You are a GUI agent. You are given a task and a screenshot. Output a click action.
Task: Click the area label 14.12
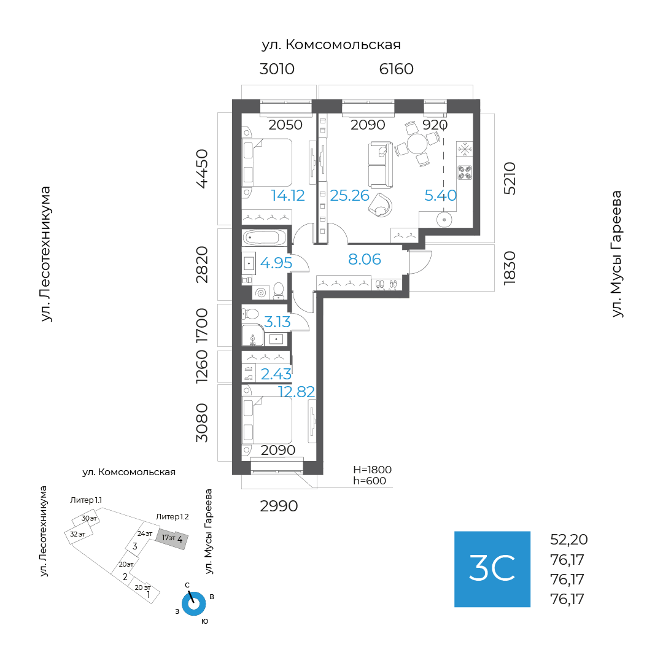coord(288,196)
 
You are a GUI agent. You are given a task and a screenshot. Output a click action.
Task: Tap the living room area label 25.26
coord(349,196)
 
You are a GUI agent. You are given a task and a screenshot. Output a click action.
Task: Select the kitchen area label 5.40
coord(441,196)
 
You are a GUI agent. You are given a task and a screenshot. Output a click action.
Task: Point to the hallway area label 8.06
coord(365,260)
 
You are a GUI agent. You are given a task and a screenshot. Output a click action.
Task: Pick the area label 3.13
coord(277,322)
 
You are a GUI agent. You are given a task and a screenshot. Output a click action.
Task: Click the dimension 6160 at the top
coord(396,69)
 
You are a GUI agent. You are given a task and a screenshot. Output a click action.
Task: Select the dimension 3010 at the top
coord(277,69)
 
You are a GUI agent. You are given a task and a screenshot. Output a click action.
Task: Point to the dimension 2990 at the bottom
coord(279,506)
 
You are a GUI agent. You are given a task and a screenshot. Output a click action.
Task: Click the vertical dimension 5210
coord(510,178)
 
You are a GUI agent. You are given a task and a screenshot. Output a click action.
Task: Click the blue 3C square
coord(492,569)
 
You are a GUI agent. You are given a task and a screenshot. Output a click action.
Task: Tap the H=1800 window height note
coord(372,470)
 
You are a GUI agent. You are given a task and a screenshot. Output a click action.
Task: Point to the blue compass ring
coord(194,604)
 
